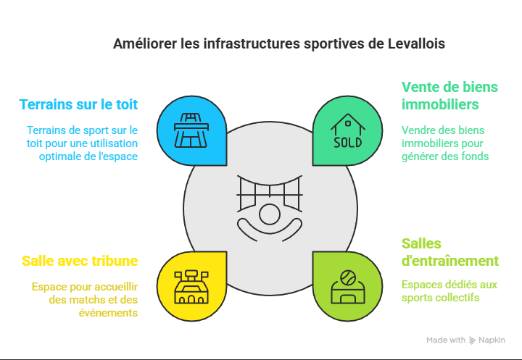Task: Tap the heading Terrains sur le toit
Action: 78,104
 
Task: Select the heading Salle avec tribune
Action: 80,260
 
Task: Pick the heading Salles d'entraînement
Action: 449,252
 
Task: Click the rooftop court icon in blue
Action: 191,131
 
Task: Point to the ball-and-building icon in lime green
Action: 347,286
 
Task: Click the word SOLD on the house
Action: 347,143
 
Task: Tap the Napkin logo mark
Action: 473,340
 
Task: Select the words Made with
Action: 446,340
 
